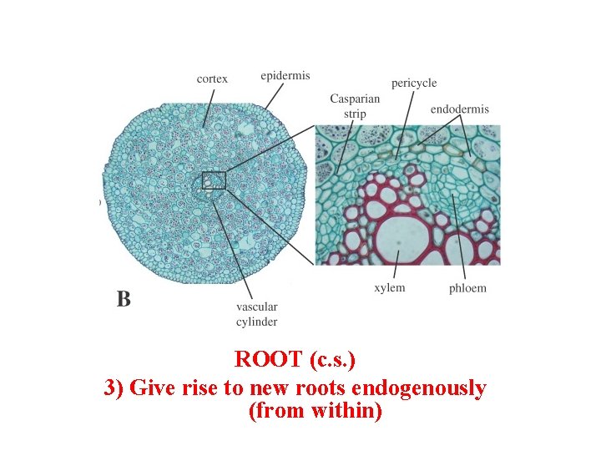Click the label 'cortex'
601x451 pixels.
(212, 79)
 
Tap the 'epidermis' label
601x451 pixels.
(285, 75)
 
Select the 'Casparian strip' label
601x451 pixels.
(355, 106)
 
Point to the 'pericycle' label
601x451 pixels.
(414, 83)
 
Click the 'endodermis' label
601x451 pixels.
(460, 109)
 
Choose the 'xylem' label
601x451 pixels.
(390, 288)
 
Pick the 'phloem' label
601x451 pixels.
(467, 289)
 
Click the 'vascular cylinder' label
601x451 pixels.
(257, 314)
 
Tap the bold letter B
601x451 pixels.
(124, 299)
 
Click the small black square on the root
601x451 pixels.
(214, 180)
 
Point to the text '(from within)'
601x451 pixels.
(316, 412)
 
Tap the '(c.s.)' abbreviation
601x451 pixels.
(332, 360)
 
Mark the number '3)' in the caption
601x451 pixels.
(116, 388)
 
